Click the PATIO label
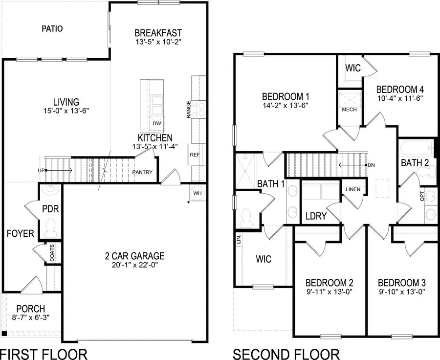[52, 29]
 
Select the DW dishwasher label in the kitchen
[156, 123]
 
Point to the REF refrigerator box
[195, 155]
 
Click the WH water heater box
[198, 193]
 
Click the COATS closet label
[52, 253]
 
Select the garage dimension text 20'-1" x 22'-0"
[134, 266]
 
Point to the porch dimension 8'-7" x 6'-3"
[30, 317]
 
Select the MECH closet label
[349, 109]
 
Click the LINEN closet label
[352, 189]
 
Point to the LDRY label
[315, 216]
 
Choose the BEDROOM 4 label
[399, 90]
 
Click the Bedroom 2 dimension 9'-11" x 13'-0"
[329, 292]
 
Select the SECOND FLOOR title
[286, 353]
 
